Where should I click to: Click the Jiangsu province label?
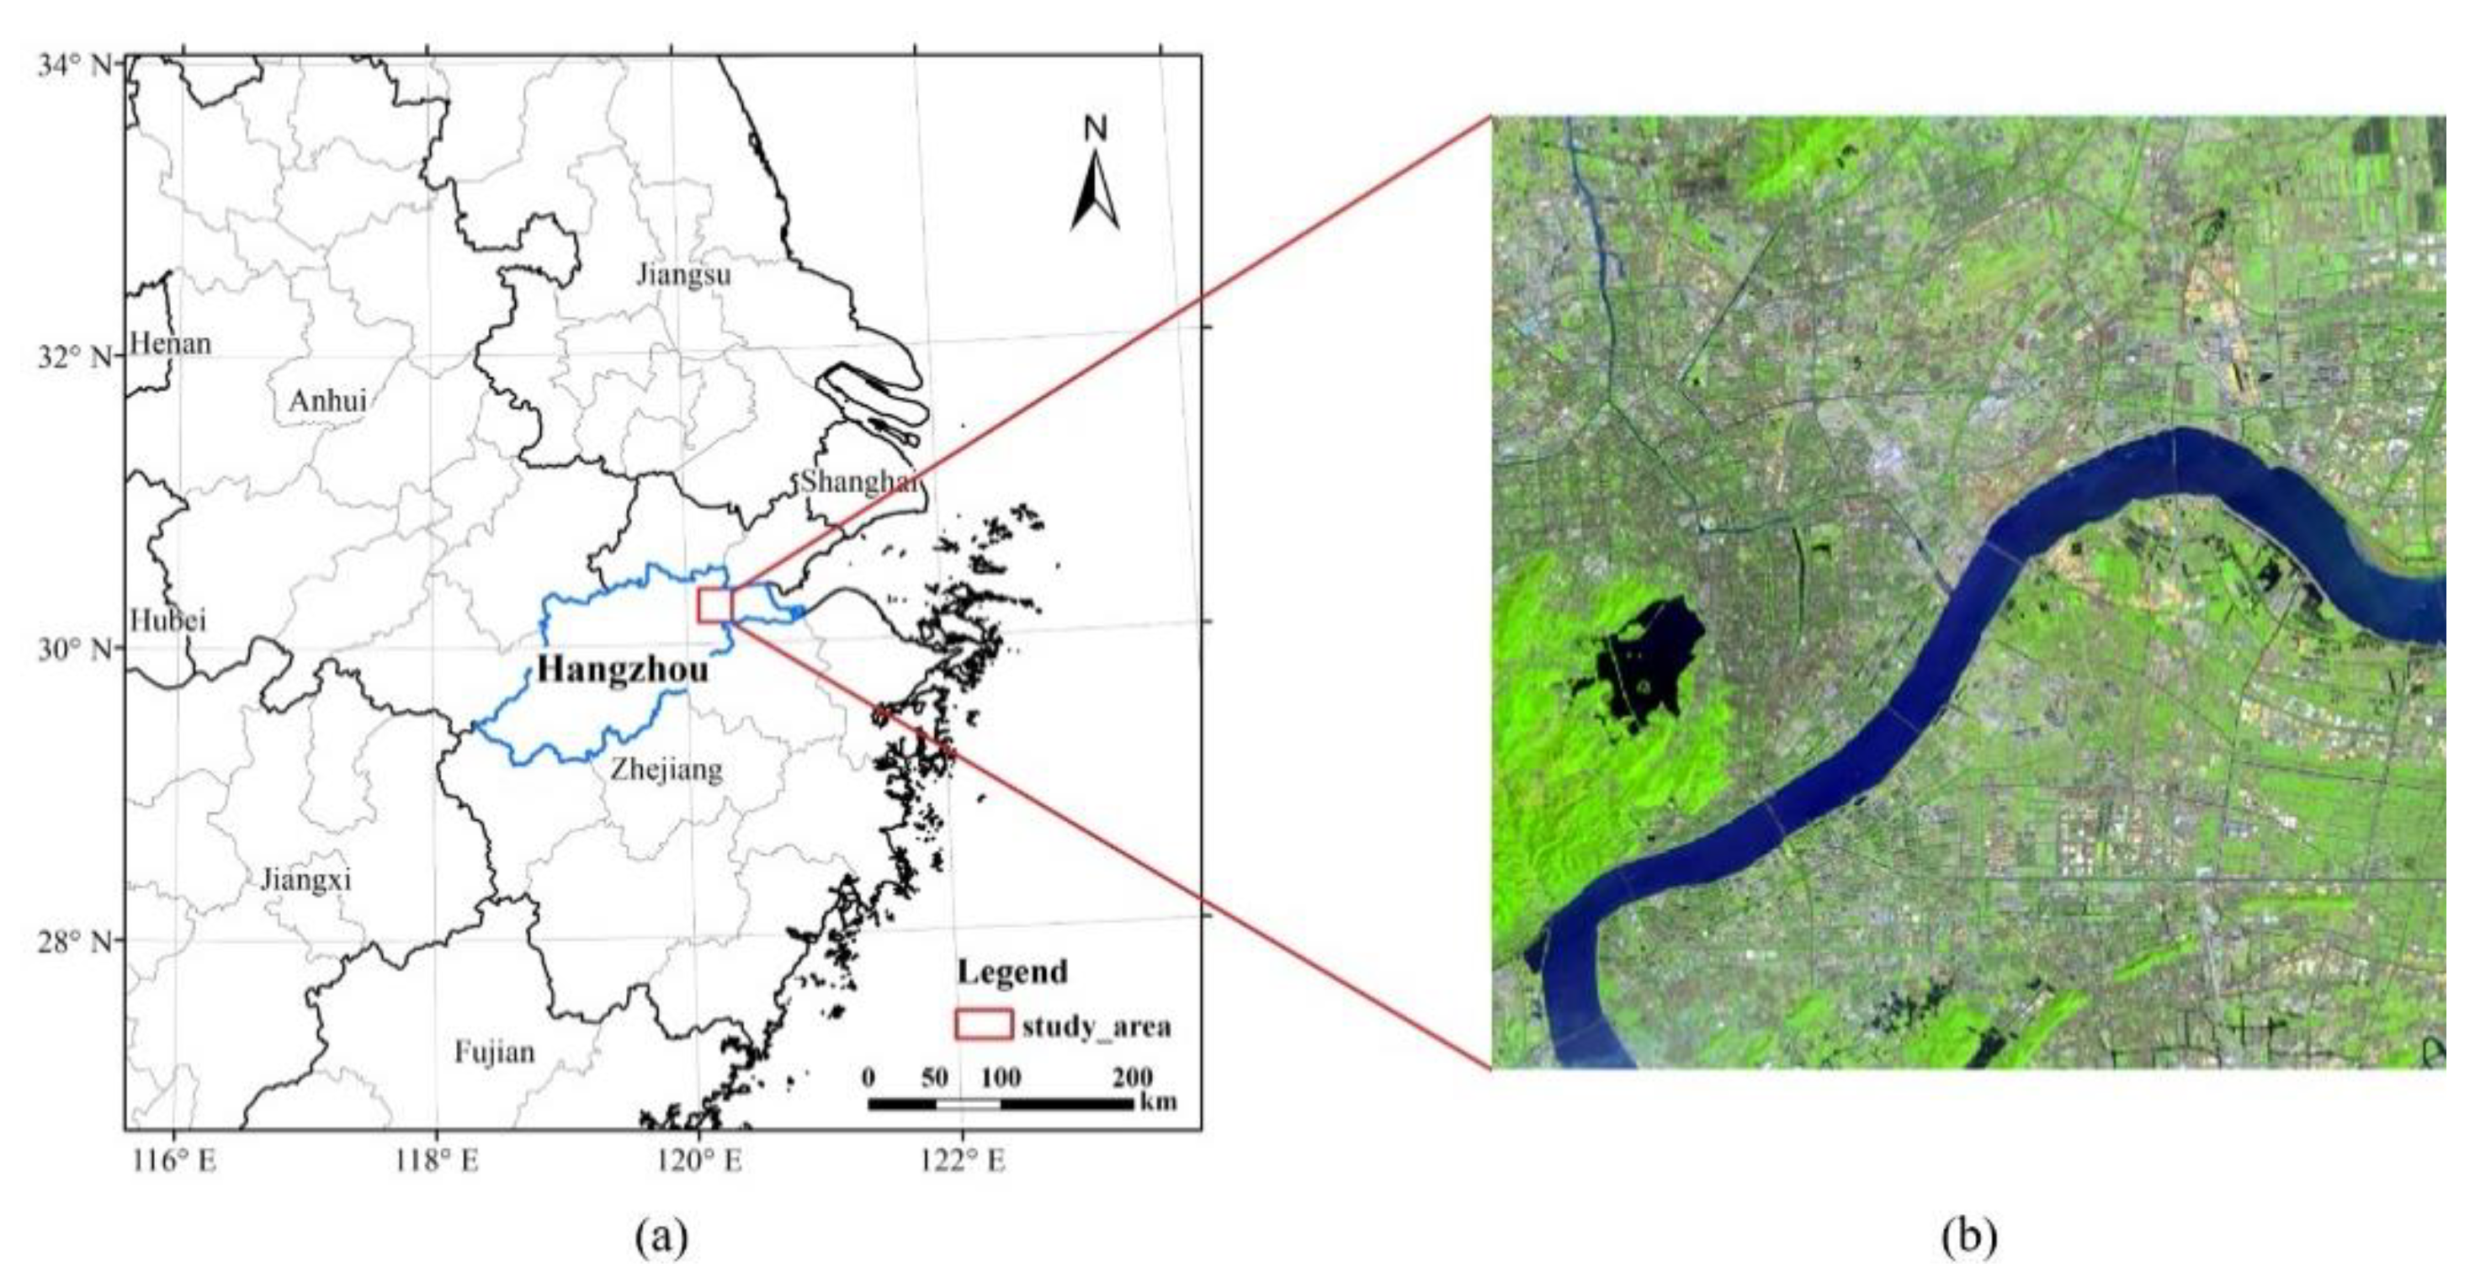point(683,274)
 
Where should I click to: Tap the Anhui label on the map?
point(328,400)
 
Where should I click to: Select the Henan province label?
point(170,343)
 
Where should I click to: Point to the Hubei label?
point(168,620)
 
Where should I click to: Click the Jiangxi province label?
point(305,879)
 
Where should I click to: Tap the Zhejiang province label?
point(667,770)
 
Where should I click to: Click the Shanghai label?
point(857,480)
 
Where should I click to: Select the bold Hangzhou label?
point(623,669)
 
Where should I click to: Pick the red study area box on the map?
point(715,606)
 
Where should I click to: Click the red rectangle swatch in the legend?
point(984,1025)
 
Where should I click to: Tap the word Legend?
point(1012,972)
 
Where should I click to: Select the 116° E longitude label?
point(181,1161)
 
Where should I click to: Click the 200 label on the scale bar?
point(1131,1077)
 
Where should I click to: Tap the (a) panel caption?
point(662,1237)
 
